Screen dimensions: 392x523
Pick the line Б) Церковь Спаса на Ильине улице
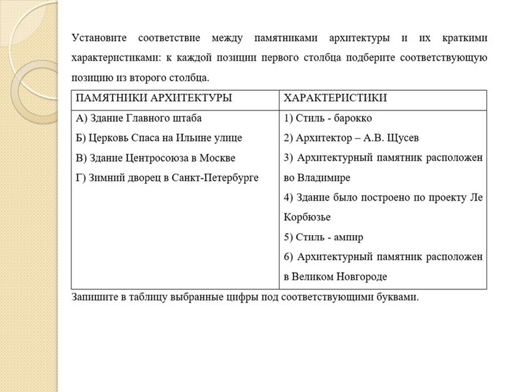(159, 138)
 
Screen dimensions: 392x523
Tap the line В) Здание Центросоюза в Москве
(156, 157)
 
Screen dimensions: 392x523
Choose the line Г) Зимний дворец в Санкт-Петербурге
(167, 177)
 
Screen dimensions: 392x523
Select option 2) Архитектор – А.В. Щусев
(352, 138)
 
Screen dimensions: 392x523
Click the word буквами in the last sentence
(398, 297)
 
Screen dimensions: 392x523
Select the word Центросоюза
(174, 157)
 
